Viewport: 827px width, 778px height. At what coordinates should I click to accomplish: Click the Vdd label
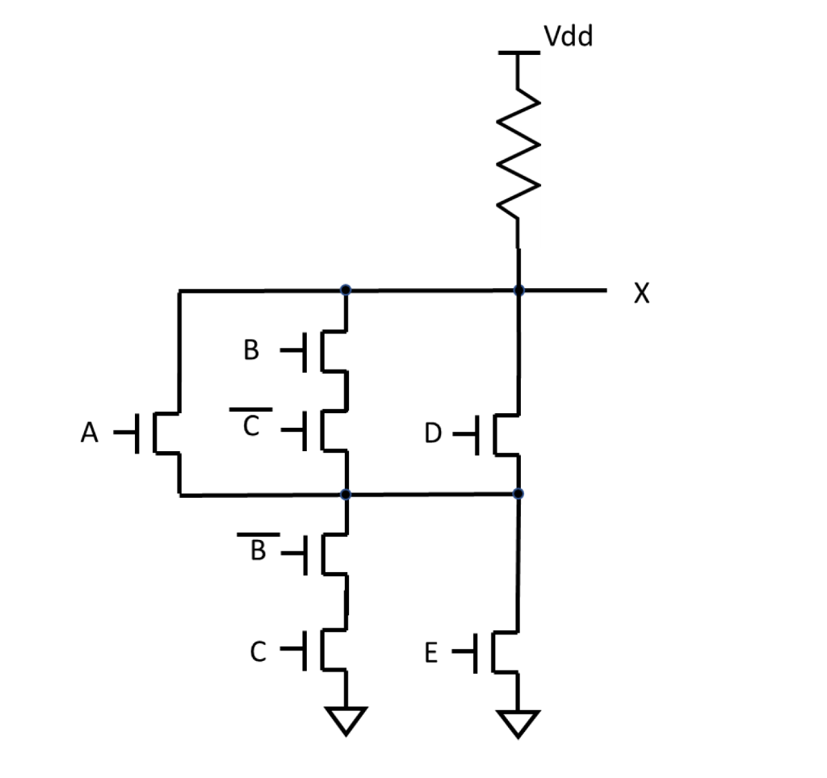tap(568, 36)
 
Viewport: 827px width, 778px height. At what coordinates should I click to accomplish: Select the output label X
tap(641, 294)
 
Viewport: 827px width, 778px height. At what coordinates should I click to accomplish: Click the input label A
tap(90, 434)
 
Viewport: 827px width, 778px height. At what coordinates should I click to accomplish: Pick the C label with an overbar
tap(251, 426)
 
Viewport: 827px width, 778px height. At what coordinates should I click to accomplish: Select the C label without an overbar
tap(257, 651)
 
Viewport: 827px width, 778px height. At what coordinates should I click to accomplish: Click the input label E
tap(431, 653)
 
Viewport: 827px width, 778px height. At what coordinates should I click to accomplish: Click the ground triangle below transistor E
tap(518, 722)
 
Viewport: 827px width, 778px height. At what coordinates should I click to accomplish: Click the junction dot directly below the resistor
tap(518, 290)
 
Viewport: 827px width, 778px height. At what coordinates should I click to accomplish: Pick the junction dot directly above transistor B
tap(346, 289)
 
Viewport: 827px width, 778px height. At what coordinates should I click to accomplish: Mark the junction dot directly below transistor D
tap(518, 493)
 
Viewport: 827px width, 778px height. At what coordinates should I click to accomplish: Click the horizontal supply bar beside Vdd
tap(518, 53)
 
